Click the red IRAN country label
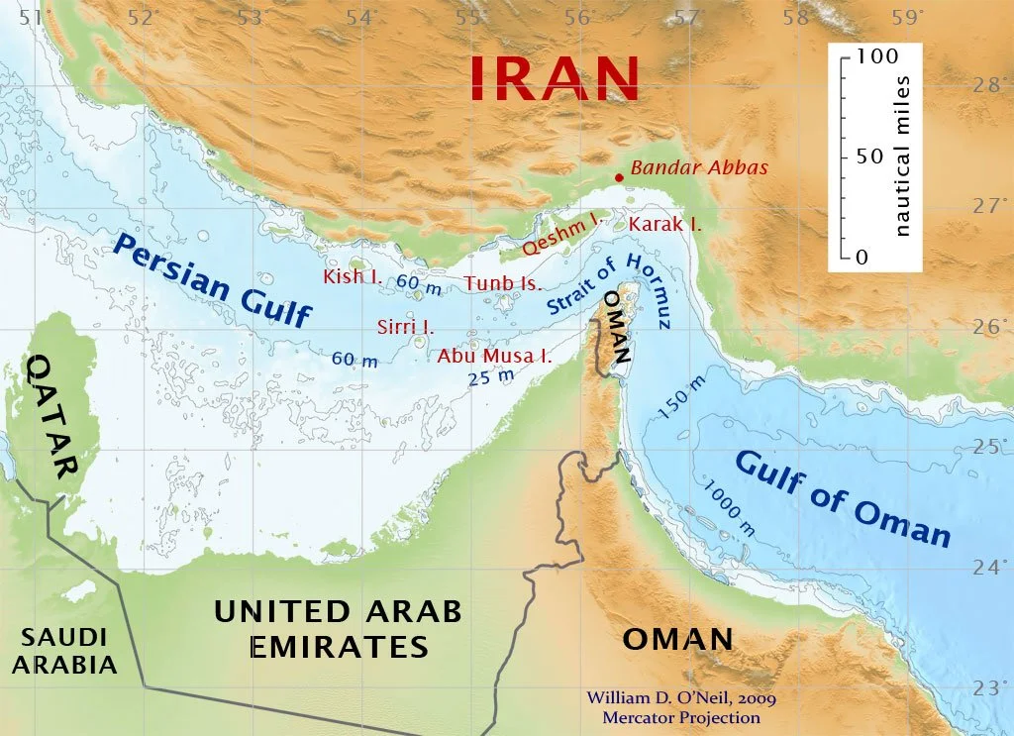(554, 77)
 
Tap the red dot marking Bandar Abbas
(619, 178)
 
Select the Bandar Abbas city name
(699, 167)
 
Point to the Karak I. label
(664, 224)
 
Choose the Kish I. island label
(354, 276)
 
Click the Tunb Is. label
(502, 284)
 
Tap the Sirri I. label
(405, 326)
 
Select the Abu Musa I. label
(494, 356)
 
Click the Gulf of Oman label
(843, 498)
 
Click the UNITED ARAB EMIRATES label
(338, 629)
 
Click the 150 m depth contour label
(682, 396)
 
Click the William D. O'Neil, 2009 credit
(673, 698)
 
